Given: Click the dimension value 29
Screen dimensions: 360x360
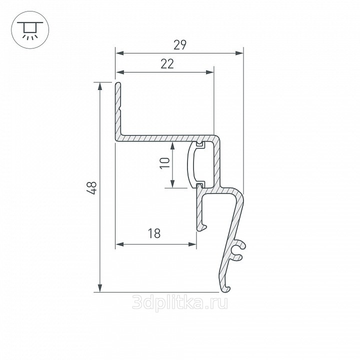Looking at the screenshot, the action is tap(180, 45).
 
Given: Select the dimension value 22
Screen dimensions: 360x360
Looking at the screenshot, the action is tap(167, 64).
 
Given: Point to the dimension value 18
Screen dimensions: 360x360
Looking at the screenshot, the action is tap(154, 233).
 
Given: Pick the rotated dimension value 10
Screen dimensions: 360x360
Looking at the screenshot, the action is tap(164, 163).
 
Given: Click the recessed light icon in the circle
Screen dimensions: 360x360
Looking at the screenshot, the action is tap(30, 30).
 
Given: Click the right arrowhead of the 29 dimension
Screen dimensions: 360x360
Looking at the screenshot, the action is tap(239, 53).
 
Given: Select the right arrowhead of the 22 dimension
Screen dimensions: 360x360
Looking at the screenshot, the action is tap(210, 72).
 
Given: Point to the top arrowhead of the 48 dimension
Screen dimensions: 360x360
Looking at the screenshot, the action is tap(100, 86).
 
